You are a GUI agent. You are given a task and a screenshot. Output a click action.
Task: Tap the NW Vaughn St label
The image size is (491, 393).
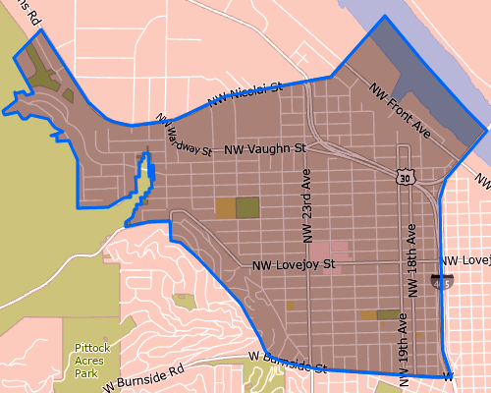click(265, 149)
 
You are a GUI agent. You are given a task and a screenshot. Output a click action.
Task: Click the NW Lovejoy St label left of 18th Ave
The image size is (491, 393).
click(294, 265)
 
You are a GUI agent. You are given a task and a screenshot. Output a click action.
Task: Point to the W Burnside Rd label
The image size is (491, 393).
click(143, 375)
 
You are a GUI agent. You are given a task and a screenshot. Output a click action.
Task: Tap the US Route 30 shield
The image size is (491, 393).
click(407, 177)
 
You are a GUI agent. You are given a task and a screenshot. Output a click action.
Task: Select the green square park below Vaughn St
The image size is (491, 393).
click(247, 206)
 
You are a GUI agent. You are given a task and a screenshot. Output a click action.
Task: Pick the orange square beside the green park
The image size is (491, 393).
click(226, 207)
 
